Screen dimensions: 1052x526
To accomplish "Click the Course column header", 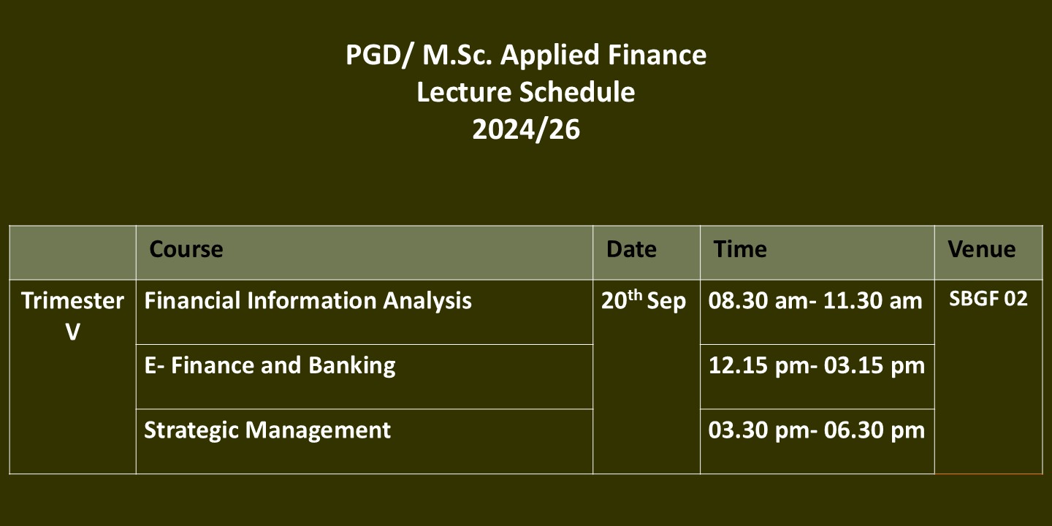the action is tap(186, 249).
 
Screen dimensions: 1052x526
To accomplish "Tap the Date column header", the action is tap(631, 249).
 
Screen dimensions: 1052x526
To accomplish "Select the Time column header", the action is tap(739, 249).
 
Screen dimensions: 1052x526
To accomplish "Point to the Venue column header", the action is tap(982, 249).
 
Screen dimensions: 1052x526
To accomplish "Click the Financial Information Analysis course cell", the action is tap(308, 301).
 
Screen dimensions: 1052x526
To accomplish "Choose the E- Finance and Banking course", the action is tap(270, 366).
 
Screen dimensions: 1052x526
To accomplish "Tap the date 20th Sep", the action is tap(644, 300).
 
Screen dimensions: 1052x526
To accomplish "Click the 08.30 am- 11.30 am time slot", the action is tap(815, 301).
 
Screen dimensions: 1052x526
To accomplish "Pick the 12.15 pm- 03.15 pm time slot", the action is tap(817, 366).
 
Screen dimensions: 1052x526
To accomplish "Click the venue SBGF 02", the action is tap(988, 300).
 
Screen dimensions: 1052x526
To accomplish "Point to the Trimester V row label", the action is tap(73, 316).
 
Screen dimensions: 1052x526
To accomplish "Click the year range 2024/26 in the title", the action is tap(526, 129).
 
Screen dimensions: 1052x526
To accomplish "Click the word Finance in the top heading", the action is tap(657, 55).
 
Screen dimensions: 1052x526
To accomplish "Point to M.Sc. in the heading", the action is tap(457, 55).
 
